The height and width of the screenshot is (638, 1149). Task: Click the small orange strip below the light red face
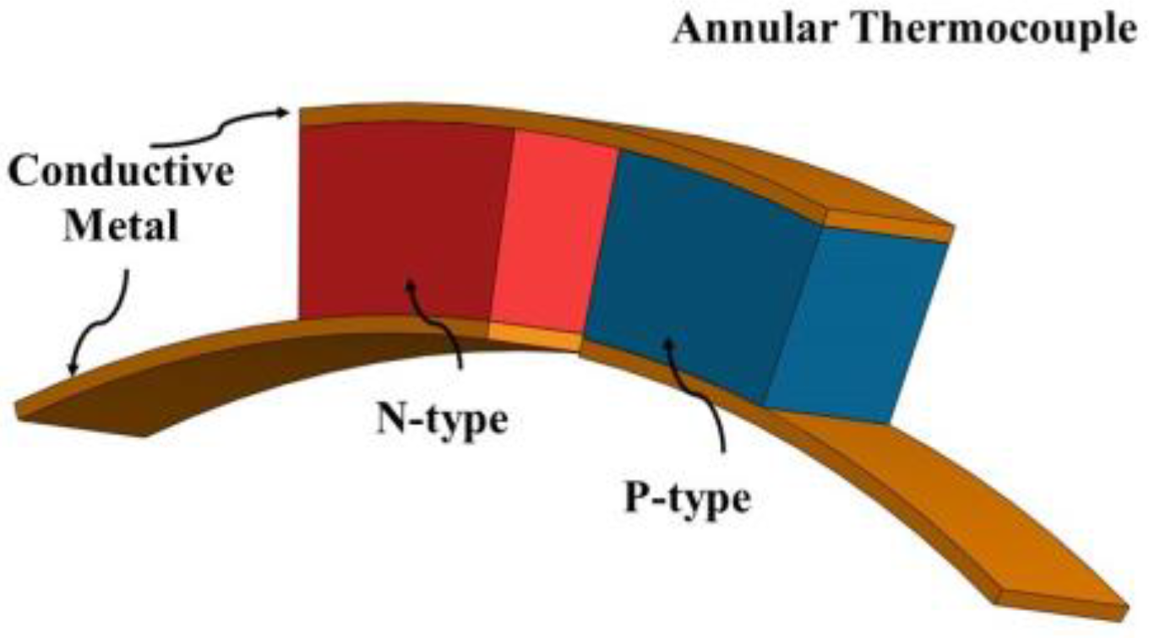535,338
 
